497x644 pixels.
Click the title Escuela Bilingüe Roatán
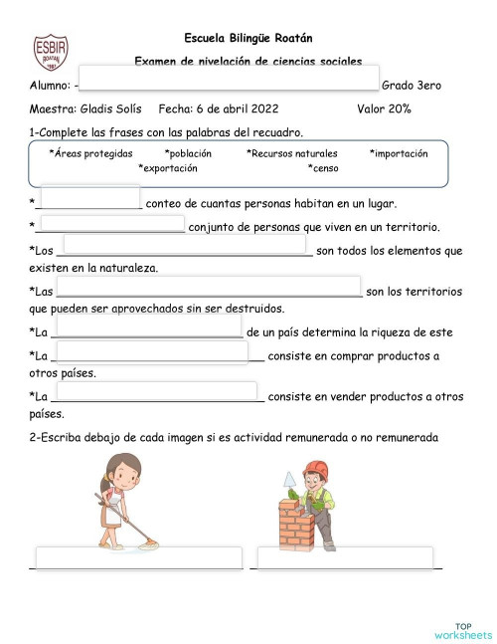(x=248, y=38)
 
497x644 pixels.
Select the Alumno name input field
(x=229, y=78)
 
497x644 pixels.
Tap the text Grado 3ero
(x=411, y=87)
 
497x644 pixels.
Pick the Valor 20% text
(x=384, y=108)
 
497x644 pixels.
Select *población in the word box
(x=189, y=153)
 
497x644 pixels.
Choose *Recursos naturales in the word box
(x=292, y=153)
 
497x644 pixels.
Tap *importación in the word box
(x=399, y=153)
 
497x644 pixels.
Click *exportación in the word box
(x=175, y=168)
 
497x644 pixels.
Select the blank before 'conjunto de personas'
(x=111, y=224)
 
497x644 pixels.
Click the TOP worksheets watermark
(x=462, y=629)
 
